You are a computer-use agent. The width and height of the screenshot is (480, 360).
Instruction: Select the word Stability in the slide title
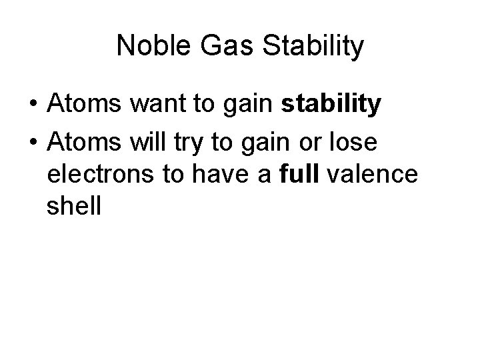(315, 47)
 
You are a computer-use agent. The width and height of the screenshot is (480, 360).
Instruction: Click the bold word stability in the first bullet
(331, 105)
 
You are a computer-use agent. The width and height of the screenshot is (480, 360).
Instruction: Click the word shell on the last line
(74, 206)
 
